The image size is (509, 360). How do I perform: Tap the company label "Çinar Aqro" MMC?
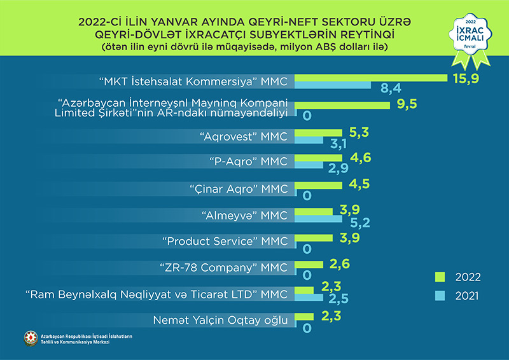[239, 189]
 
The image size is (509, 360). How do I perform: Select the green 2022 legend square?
[439, 277]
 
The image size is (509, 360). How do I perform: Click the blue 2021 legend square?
[439, 295]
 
